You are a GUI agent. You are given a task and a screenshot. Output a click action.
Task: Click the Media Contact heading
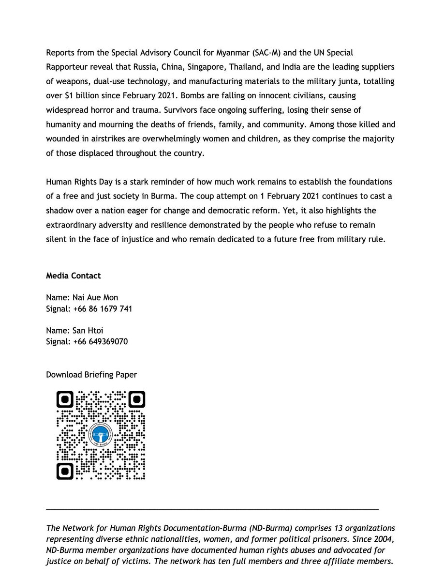point(74,276)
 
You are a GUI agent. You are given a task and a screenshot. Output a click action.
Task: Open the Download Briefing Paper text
point(91,374)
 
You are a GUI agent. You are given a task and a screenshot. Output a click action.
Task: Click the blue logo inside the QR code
point(101,435)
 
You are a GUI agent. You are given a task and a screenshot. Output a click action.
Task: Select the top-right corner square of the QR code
point(137,399)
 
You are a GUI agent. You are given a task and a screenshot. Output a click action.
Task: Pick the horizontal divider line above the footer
point(212,508)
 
